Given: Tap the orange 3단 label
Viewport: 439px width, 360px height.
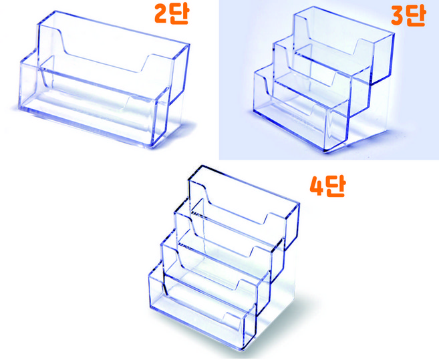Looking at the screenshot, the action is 408,16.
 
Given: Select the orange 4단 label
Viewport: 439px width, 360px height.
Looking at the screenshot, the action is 327,186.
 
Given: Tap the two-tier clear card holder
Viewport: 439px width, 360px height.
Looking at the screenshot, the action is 104,79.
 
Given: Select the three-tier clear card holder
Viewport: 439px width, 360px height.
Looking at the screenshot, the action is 324,79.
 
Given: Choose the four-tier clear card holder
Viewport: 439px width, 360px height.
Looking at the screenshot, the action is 224,258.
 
